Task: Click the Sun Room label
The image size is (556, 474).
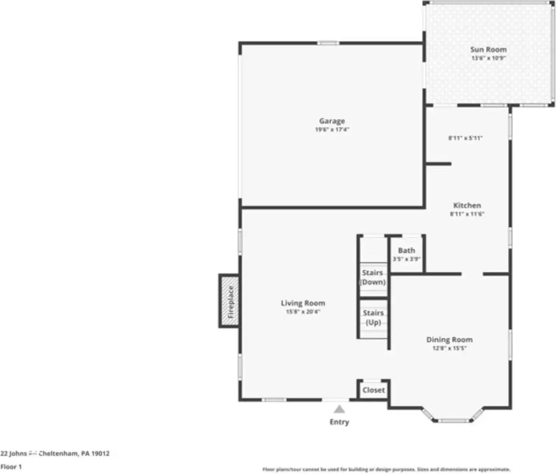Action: coord(488,49)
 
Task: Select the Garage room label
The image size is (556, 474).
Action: coord(332,121)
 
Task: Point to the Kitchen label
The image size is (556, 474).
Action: coord(467,205)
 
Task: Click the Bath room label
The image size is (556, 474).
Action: coord(407,250)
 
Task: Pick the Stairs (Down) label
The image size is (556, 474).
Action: coord(373,277)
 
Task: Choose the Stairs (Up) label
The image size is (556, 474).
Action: coord(373,317)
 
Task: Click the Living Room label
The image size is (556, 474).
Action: coord(303,303)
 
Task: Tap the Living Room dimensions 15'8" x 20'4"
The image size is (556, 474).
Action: coord(303,312)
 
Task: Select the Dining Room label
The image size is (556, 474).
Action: coord(449,340)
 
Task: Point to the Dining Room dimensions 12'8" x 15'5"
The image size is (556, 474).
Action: coord(449,348)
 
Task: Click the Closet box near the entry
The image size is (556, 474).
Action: coord(373,390)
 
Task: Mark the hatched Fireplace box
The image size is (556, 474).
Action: coord(229,301)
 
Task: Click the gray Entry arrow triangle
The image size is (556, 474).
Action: coord(339,409)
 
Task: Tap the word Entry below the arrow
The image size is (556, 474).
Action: coord(339,422)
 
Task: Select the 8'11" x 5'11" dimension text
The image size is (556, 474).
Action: coord(465,139)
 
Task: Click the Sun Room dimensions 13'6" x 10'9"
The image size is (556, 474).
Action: coord(488,58)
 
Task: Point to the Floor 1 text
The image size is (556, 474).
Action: coord(11,467)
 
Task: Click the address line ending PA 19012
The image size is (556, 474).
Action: coord(55,454)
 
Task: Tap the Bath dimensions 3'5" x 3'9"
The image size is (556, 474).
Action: coord(407,258)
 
